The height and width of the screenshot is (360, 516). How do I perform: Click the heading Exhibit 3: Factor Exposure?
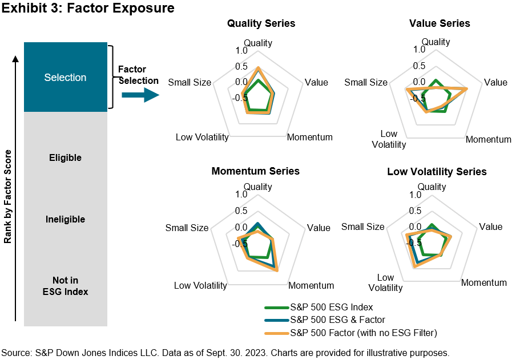[x=87, y=9]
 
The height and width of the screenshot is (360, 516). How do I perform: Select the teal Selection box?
[x=65, y=77]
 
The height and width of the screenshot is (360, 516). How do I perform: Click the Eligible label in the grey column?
[x=65, y=157]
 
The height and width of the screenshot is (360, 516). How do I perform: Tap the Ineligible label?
[x=65, y=219]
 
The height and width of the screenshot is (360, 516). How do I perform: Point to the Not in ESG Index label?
[x=65, y=286]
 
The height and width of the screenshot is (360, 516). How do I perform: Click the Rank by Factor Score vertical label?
[x=8, y=197]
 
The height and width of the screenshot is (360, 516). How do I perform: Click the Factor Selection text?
[x=138, y=75]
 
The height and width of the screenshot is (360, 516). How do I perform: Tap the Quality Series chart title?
[x=261, y=23]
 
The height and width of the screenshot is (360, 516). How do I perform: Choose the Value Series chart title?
[x=440, y=23]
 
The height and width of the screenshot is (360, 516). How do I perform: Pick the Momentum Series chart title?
[x=255, y=171]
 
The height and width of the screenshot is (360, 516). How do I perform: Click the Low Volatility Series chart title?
[x=437, y=171]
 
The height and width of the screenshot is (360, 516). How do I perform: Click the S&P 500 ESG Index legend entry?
[x=331, y=308]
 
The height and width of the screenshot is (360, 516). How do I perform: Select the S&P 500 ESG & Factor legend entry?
[x=337, y=319]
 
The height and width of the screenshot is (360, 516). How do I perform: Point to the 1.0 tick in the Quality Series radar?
[x=241, y=51]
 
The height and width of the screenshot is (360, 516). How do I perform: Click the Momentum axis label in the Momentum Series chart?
[x=311, y=285]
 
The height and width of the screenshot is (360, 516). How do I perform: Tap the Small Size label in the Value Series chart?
[x=366, y=82]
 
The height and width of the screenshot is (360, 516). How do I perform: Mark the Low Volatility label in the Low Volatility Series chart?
[x=385, y=283]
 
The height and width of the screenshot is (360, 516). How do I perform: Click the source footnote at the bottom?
[x=225, y=352]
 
